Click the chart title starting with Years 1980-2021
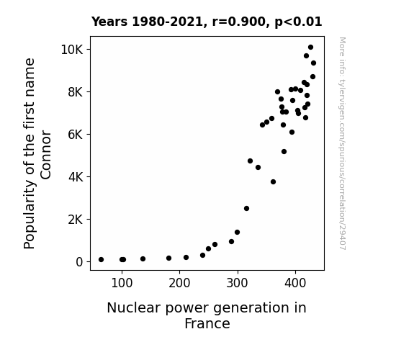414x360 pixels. click(x=207, y=22)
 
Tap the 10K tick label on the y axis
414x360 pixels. click(x=72, y=50)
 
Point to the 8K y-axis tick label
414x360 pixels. click(x=76, y=92)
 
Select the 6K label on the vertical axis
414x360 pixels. click(x=76, y=135)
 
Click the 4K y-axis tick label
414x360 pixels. click(x=76, y=176)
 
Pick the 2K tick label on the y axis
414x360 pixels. click(x=76, y=219)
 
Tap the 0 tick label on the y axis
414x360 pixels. click(x=79, y=262)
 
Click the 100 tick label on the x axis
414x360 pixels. click(x=122, y=283)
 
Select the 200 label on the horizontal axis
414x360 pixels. click(x=179, y=283)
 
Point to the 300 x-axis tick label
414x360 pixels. click(x=238, y=283)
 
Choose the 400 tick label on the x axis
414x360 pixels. click(x=295, y=283)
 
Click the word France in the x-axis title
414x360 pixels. click(x=207, y=323)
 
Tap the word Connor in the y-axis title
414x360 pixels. click(x=45, y=155)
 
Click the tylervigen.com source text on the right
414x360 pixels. click(x=342, y=143)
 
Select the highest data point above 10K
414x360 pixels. click(x=310, y=48)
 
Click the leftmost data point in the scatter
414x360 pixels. click(x=101, y=260)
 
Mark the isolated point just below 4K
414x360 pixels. click(x=274, y=181)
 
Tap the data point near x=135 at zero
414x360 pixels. click(x=143, y=259)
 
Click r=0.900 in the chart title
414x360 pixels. click(x=239, y=22)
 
